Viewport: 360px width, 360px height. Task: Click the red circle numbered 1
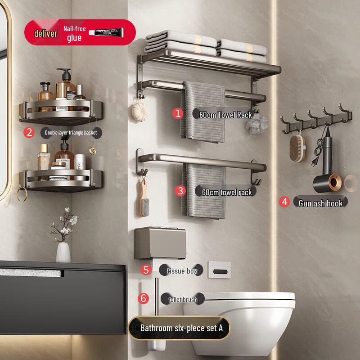point(178,113)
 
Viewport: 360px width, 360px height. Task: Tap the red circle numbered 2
point(29,132)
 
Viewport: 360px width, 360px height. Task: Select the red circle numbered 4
point(284,202)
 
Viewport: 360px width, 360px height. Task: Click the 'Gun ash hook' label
point(320,203)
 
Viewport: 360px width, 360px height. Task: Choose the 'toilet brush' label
point(182,299)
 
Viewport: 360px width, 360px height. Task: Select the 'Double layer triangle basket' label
point(70,132)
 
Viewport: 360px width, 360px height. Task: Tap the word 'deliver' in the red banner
point(45,34)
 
